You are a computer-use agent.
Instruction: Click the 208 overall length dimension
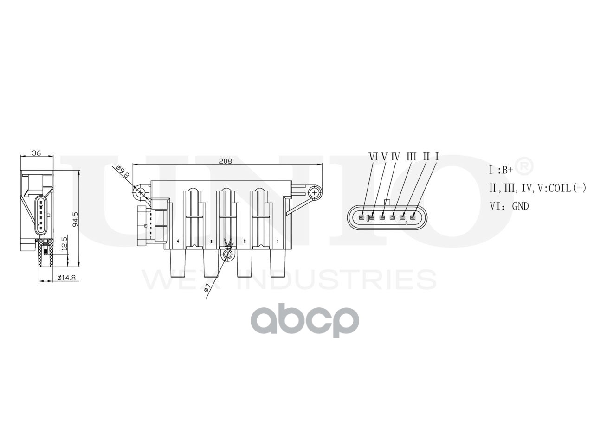pyautogui.click(x=225, y=161)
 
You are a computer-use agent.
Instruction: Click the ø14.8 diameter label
pyautogui.click(x=66, y=278)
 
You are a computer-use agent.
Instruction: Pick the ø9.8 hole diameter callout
pyautogui.click(x=123, y=172)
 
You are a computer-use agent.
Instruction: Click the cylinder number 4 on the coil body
pyautogui.click(x=178, y=242)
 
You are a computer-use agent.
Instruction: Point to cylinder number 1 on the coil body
pyautogui.click(x=278, y=242)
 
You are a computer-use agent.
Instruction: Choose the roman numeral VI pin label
pyautogui.click(x=374, y=157)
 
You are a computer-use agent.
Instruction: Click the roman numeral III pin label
pyautogui.click(x=411, y=157)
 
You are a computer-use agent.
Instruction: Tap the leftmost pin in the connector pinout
pyautogui.click(x=362, y=217)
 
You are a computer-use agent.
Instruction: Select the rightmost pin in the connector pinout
pyautogui.click(x=413, y=217)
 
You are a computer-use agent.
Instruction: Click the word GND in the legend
pyautogui.click(x=520, y=206)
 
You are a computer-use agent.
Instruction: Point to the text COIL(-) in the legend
pyautogui.click(x=568, y=188)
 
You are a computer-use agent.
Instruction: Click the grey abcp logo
pyautogui.click(x=305, y=319)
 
